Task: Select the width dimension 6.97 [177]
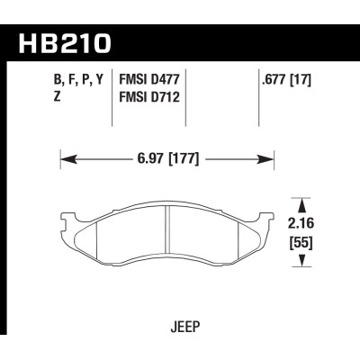[167, 159]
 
